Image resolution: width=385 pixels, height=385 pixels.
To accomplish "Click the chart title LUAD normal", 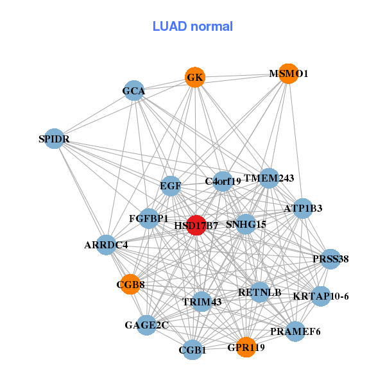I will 193,26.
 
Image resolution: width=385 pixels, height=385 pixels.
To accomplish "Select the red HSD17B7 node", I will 196,225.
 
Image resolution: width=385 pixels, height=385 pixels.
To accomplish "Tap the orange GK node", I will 195,78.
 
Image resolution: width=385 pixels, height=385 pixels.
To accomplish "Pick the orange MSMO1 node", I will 288,74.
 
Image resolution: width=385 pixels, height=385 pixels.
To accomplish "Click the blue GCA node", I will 133,91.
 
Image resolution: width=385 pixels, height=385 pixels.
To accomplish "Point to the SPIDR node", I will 54,139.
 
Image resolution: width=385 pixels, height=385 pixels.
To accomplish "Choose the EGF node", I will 171,186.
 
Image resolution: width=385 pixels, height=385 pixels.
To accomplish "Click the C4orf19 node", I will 223,182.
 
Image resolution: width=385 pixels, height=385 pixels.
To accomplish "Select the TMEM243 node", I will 269,178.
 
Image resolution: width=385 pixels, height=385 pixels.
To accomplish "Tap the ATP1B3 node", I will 302,208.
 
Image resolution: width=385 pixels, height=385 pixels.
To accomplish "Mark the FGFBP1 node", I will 149,218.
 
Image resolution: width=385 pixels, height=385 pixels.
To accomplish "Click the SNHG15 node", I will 246,224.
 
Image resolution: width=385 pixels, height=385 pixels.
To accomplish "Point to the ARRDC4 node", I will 107,244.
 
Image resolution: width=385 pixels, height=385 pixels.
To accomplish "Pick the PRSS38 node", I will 330,259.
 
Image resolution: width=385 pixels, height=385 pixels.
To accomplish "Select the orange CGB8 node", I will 130,284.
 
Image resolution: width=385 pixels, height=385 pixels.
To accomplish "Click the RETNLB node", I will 260,292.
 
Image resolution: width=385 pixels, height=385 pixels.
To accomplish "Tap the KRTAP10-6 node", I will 320,296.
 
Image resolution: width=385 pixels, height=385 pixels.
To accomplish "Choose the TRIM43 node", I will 202,302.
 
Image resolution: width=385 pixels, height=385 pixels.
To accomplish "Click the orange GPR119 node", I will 246,347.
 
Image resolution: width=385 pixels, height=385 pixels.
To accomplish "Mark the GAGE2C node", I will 147,325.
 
